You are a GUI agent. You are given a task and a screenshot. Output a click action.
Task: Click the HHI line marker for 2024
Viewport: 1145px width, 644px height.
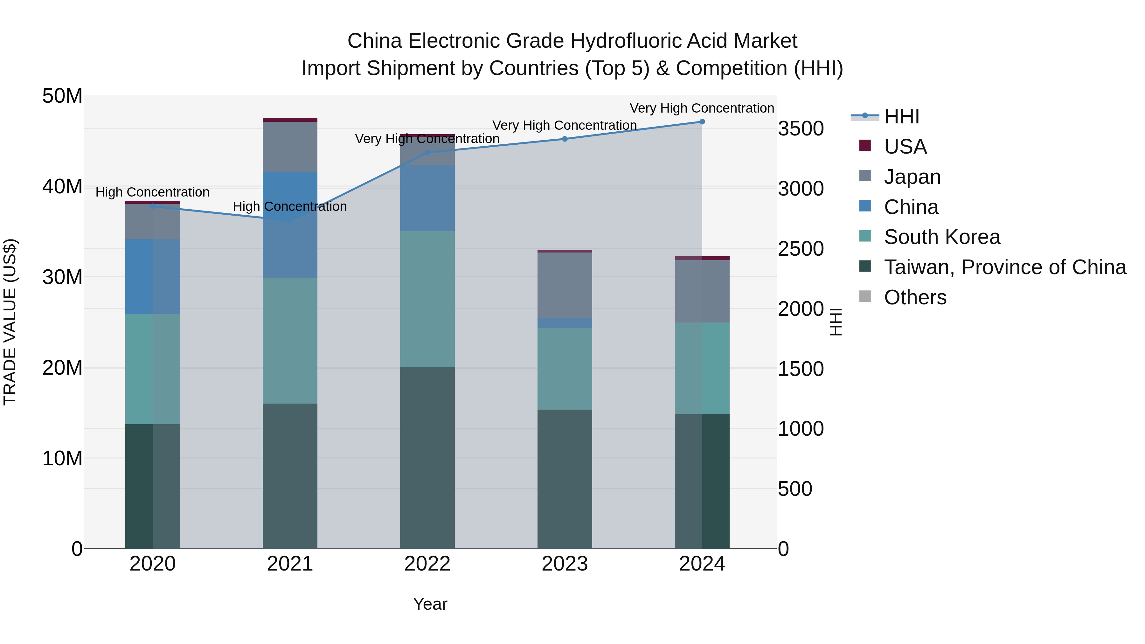(x=702, y=121)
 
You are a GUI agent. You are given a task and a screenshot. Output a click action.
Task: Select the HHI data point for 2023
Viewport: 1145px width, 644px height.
(x=565, y=139)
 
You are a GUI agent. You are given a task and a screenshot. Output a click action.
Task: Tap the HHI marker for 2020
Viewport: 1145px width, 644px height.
(x=152, y=206)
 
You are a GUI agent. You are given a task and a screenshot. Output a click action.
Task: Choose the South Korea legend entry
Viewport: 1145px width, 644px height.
(x=941, y=237)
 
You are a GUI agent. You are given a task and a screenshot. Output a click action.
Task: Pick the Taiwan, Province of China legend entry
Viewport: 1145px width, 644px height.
(x=1004, y=267)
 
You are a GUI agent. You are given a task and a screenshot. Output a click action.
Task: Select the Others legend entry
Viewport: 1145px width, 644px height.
(x=915, y=297)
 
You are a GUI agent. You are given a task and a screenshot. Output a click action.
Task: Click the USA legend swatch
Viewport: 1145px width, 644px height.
(x=865, y=145)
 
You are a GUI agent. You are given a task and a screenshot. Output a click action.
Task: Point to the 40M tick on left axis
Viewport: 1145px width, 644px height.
(x=62, y=186)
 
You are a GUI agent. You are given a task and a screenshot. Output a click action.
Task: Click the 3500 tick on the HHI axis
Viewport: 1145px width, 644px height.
(x=801, y=128)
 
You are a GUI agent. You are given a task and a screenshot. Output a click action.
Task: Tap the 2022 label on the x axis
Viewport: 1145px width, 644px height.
(x=427, y=564)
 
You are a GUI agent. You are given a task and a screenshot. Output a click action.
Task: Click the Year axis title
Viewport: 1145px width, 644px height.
(x=430, y=604)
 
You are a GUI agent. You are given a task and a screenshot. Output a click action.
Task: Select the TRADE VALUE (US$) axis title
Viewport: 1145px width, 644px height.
(x=10, y=322)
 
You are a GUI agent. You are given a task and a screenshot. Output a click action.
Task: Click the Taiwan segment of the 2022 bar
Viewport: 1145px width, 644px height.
(x=427, y=458)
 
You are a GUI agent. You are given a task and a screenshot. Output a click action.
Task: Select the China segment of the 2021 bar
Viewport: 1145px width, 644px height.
(x=290, y=225)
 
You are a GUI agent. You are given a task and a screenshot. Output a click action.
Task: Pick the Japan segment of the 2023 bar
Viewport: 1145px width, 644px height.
(x=565, y=285)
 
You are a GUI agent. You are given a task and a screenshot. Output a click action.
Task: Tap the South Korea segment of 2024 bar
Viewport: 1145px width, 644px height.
(x=702, y=368)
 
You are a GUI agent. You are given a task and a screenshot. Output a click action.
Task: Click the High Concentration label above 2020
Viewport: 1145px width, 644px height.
(x=152, y=192)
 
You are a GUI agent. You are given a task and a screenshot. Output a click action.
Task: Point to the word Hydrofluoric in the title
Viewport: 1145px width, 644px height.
(x=626, y=41)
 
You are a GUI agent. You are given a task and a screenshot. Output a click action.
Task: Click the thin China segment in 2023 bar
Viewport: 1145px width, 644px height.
(x=565, y=323)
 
